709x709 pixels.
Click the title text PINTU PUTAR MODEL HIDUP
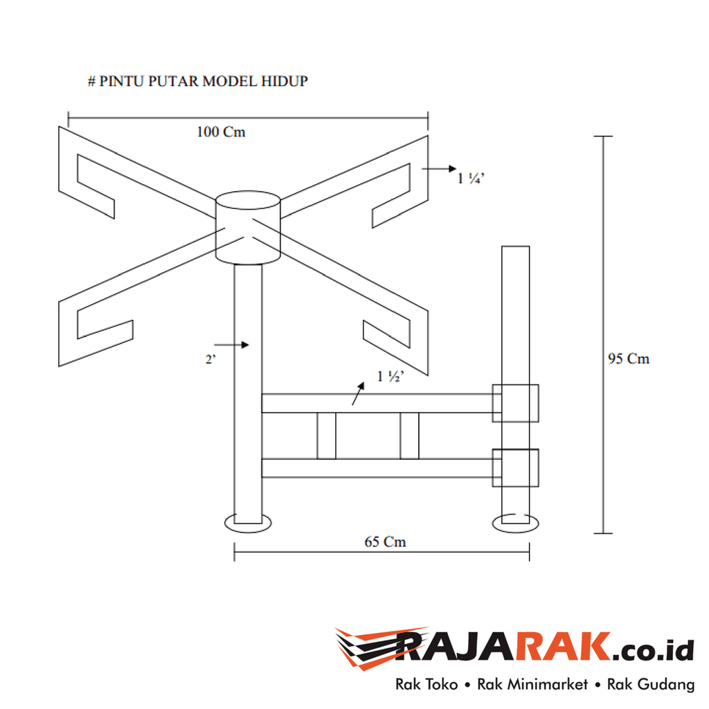[x=197, y=81]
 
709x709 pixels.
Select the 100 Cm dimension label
[x=221, y=132]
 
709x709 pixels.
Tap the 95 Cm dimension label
[x=629, y=359]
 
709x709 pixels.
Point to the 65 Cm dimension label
[x=385, y=541]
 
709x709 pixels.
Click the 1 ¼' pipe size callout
[x=472, y=178]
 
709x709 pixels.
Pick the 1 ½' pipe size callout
[x=390, y=377]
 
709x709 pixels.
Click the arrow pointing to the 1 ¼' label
[x=438, y=168]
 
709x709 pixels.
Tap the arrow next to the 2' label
[x=231, y=343]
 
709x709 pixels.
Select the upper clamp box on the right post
[x=514, y=402]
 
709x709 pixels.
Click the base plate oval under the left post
[x=248, y=523]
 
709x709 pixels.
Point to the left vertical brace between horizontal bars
[x=326, y=436]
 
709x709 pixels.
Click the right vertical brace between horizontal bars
[x=409, y=436]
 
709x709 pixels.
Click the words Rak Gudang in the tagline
[x=651, y=685]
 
